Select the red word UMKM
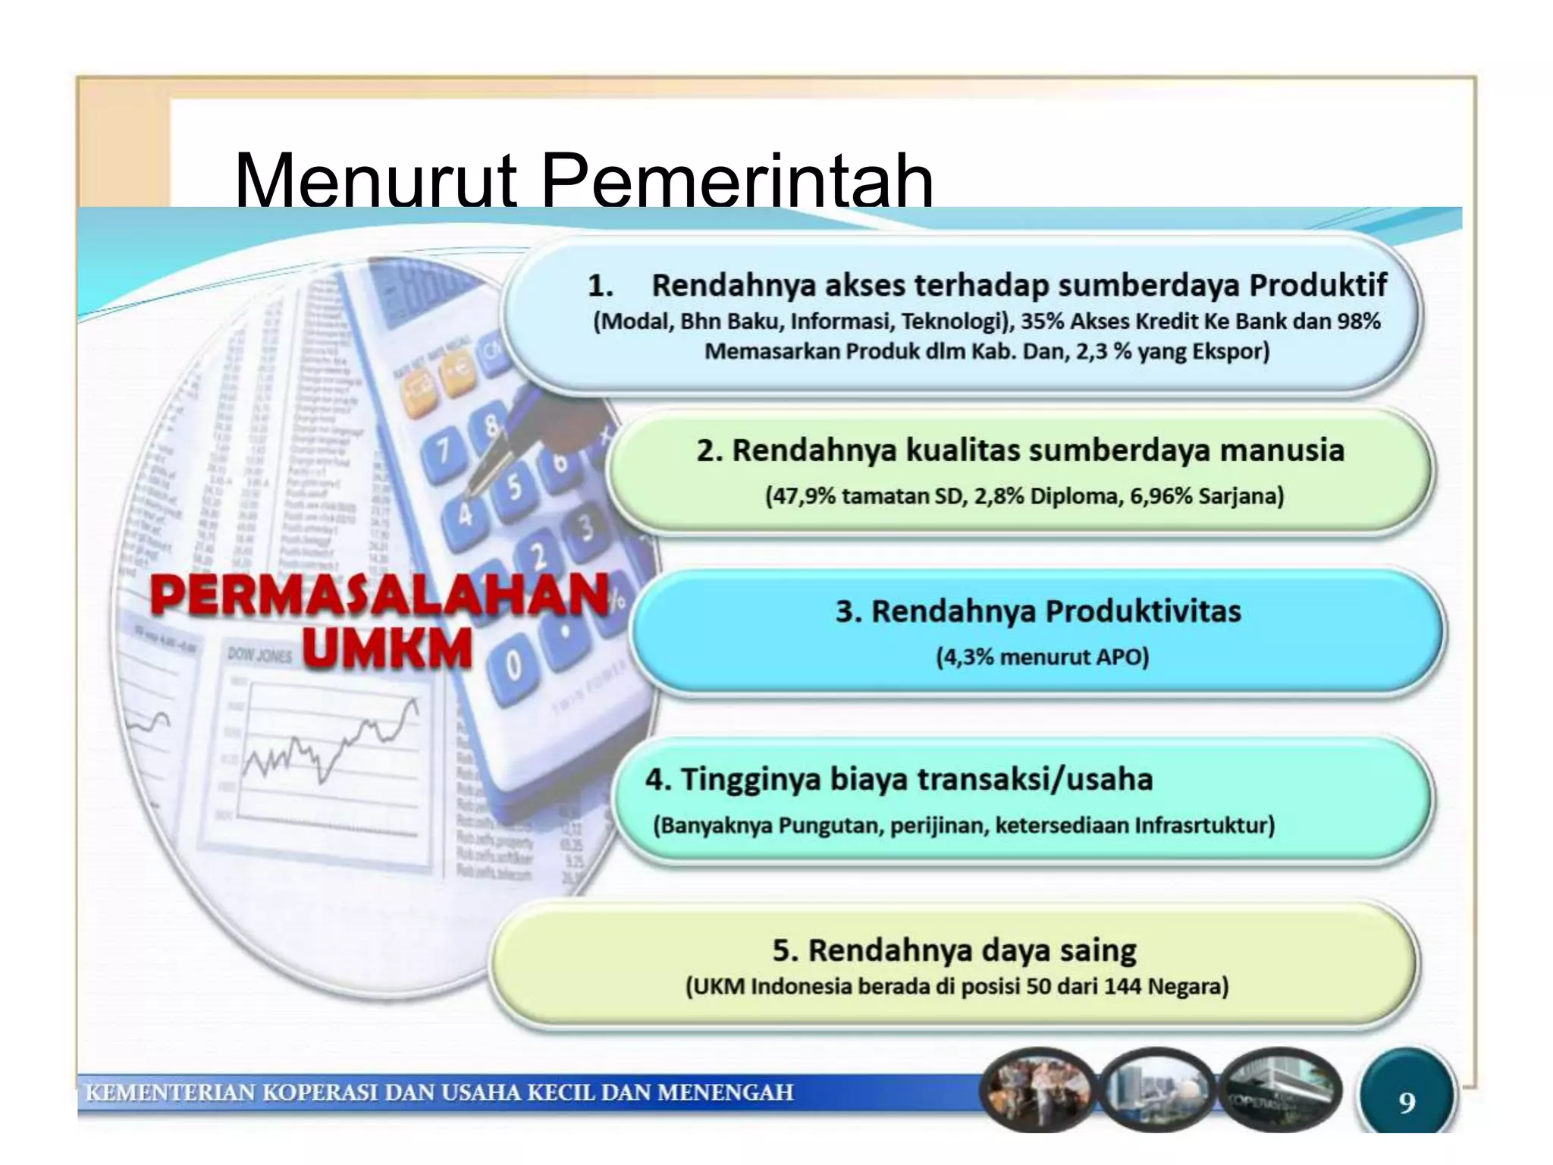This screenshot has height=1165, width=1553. [x=387, y=649]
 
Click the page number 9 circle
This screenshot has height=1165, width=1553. [x=1407, y=1101]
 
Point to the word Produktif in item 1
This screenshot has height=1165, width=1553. [x=1318, y=286]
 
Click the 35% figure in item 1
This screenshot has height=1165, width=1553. [x=1038, y=322]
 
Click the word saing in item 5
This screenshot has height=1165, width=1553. [x=1098, y=950]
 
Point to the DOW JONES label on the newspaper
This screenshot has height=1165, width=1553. [x=259, y=655]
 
